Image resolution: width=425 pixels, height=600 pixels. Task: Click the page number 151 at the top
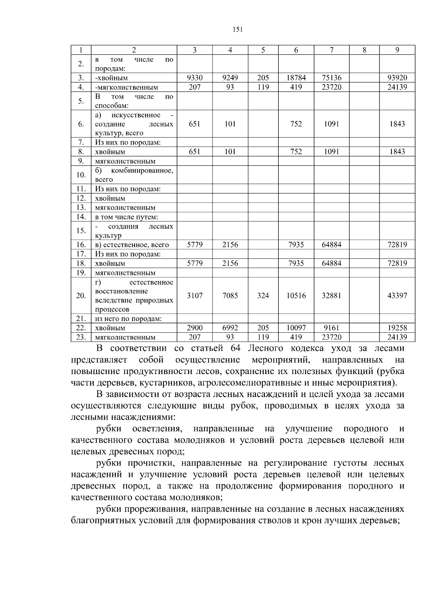tap(237, 30)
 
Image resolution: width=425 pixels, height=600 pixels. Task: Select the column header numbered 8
tap(364, 50)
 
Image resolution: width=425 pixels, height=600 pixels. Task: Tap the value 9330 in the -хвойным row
tap(195, 78)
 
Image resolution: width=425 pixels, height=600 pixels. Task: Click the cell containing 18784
tap(296, 78)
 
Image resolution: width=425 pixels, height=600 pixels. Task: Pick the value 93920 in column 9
tap(397, 78)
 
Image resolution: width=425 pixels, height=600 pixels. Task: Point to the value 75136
tap(331, 78)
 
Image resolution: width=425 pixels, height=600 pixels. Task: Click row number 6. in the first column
tap(81, 124)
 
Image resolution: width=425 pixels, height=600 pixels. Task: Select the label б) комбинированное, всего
tap(134, 175)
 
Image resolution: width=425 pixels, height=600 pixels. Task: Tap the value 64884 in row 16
tap(331, 245)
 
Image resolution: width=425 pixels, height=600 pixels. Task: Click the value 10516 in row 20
tap(296, 296)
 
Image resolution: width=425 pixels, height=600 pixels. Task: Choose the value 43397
tap(397, 296)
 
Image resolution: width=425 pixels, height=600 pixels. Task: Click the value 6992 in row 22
tap(230, 328)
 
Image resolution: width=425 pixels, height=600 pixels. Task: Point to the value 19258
tap(397, 328)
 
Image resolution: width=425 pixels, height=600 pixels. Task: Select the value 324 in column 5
tap(263, 296)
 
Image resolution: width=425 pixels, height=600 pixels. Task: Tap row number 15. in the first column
tap(81, 231)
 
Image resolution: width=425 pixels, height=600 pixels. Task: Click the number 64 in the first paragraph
tap(236, 348)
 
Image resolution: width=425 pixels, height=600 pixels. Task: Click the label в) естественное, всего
tap(132, 245)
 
